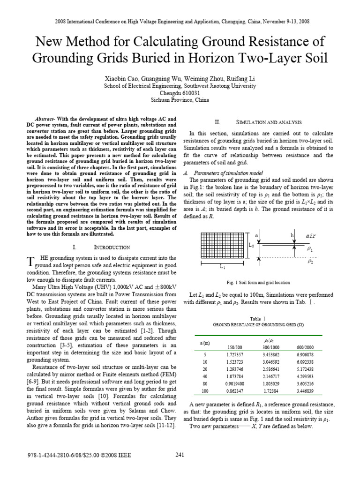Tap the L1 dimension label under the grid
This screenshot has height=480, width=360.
click(x=223, y=268)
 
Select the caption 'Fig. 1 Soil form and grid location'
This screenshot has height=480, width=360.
click(x=258, y=283)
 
